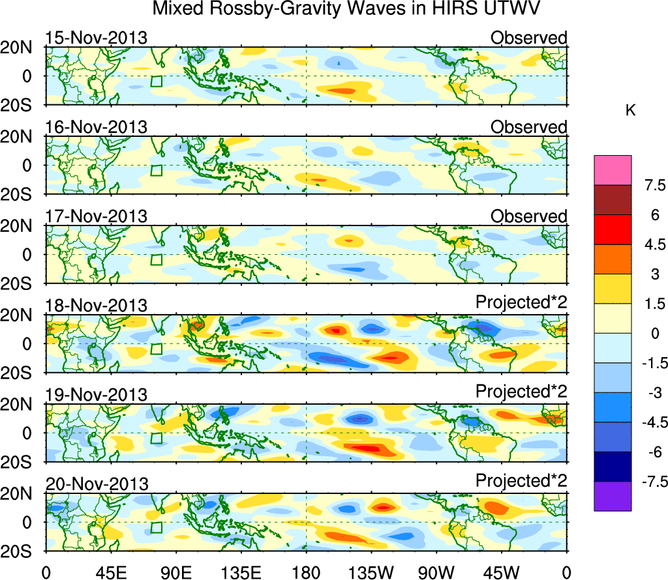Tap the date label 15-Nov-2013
[x=96, y=37]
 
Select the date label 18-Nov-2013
[x=96, y=306]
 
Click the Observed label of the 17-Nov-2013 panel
[x=528, y=216]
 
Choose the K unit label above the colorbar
[x=630, y=111]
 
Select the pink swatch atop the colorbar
[x=613, y=170]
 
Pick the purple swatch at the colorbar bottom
[x=613, y=496]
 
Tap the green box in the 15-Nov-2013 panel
[x=156, y=81]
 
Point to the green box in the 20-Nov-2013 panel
[x=156, y=528]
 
